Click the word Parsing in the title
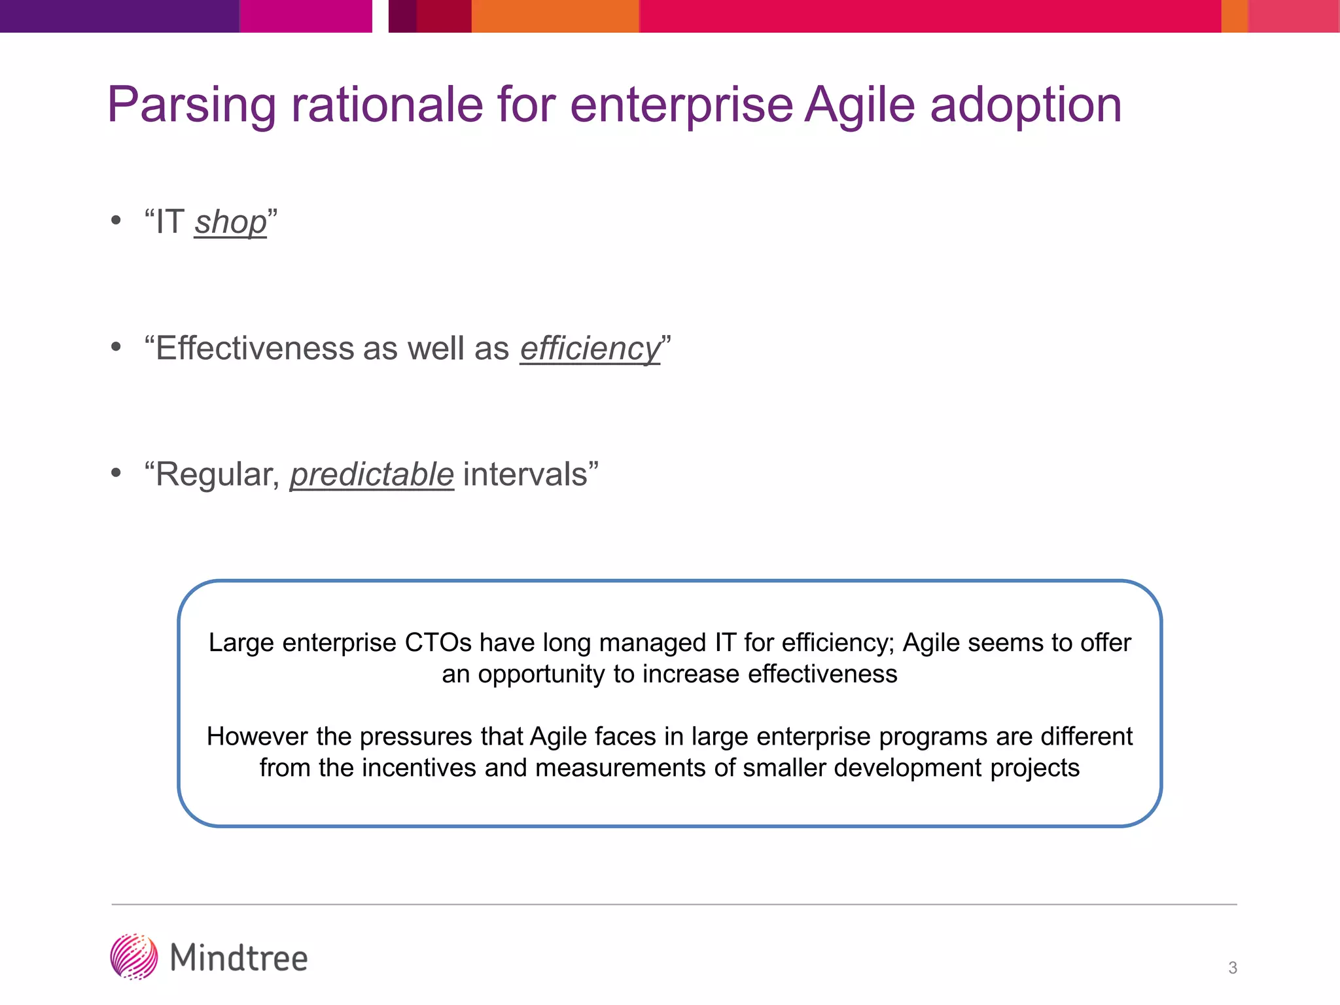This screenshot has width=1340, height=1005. pos(192,106)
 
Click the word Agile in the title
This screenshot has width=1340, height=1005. pos(859,106)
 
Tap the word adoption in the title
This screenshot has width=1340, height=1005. pos(1025,106)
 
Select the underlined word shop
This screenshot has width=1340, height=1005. pos(230,222)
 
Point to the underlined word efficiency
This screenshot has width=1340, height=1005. pos(590,348)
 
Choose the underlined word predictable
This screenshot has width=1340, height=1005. pos(372,474)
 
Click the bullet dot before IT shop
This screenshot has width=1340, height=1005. pos(116,220)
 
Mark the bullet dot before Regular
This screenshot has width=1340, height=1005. pos(116,472)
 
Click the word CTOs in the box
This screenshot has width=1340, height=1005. pos(438,643)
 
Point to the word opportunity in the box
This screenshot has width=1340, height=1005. pos(541,674)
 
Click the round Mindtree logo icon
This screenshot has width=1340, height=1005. pos(134,957)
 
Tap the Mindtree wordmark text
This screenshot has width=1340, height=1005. pos(239,959)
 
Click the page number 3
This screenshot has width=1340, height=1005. pos(1233,968)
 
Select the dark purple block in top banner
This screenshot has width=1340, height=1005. pos(119,16)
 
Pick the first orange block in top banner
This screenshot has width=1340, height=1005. pos(555,16)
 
